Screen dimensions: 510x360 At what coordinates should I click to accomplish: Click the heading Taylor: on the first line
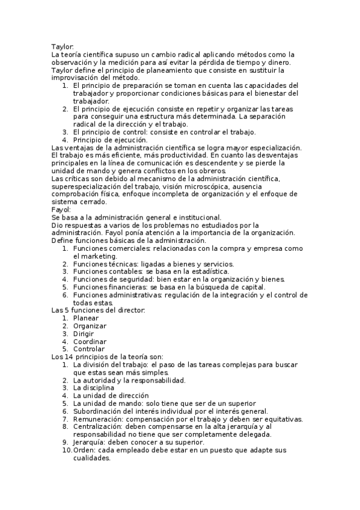click(x=63, y=46)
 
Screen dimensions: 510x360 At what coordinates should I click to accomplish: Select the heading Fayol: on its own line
click(x=62, y=210)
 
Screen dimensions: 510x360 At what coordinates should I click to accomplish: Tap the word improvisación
click(x=78, y=78)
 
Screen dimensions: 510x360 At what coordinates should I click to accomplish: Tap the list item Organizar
click(x=90, y=326)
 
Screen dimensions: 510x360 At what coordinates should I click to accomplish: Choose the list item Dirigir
click(x=85, y=334)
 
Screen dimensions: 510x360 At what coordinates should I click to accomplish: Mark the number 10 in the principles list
click(x=66, y=450)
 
